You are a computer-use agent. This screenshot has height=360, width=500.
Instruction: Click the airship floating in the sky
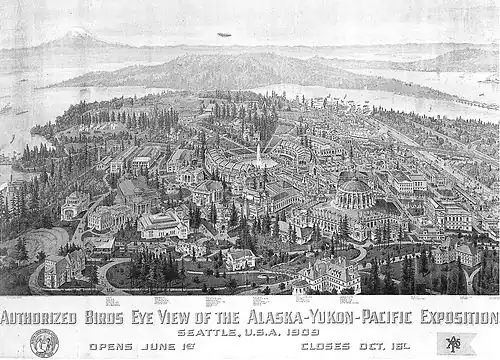tap(223, 34)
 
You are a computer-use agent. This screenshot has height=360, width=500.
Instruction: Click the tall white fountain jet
tap(258, 151)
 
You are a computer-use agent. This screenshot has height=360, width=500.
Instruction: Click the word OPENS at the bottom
tap(112, 347)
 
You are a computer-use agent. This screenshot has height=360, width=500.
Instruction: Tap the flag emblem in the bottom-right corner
tap(453, 343)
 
